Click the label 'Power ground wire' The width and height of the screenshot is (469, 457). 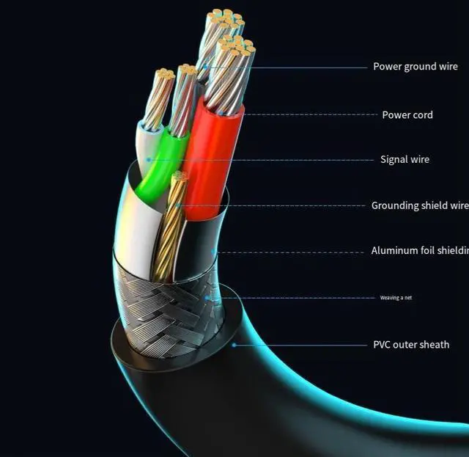pos(415,67)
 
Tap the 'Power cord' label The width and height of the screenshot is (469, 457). pos(407,114)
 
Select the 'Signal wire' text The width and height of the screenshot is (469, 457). pos(405,159)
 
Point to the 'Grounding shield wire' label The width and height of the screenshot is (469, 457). pos(419,205)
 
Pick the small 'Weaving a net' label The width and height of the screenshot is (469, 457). pos(395,298)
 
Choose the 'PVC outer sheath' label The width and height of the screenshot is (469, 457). pos(411,345)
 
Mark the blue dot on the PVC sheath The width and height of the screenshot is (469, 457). pos(234,344)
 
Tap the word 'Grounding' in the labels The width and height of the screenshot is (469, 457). pos(396,205)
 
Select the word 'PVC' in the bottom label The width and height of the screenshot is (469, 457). pos(383,345)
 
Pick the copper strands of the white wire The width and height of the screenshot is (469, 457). pos(158,99)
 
